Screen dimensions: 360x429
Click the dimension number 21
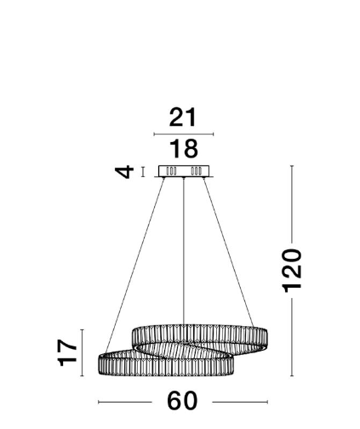(182, 117)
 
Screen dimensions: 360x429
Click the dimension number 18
(184, 149)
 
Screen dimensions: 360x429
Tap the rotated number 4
(124, 172)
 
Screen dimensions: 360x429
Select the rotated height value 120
(292, 271)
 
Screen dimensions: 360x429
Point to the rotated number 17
(67, 352)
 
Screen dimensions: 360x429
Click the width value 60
(182, 401)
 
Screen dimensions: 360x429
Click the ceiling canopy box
(184, 171)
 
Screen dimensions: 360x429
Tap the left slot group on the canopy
(171, 171)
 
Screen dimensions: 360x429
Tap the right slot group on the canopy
(197, 171)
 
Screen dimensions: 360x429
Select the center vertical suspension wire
(184, 251)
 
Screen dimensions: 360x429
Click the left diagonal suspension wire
(134, 266)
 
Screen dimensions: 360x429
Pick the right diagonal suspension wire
(228, 252)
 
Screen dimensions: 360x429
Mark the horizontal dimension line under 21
(184, 134)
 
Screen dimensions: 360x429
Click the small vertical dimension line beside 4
(143, 172)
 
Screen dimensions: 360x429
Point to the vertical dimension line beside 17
(82, 352)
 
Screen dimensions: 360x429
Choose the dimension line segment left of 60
(125, 402)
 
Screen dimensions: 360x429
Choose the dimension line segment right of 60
(240, 402)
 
